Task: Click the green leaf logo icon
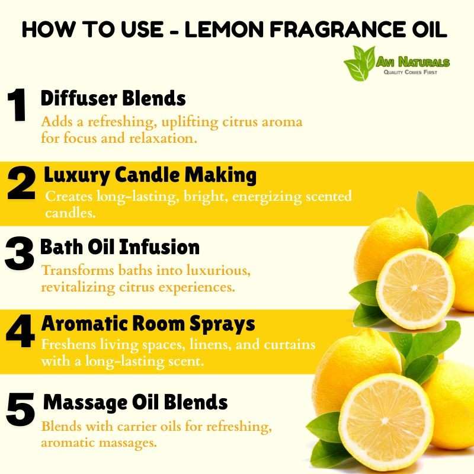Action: (360, 63)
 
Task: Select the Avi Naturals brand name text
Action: (412, 62)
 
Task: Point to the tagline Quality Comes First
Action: (410, 72)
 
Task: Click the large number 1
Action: (17, 105)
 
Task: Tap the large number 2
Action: (21, 183)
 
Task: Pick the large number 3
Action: (19, 254)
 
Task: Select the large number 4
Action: (20, 331)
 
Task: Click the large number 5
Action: (20, 409)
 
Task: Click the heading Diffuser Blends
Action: (113, 98)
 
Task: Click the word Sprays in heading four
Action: (222, 324)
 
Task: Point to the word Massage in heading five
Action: (85, 403)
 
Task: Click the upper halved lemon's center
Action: (414, 289)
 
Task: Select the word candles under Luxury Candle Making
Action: (71, 213)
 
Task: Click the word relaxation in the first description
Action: (164, 138)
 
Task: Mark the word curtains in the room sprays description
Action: (290, 344)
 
